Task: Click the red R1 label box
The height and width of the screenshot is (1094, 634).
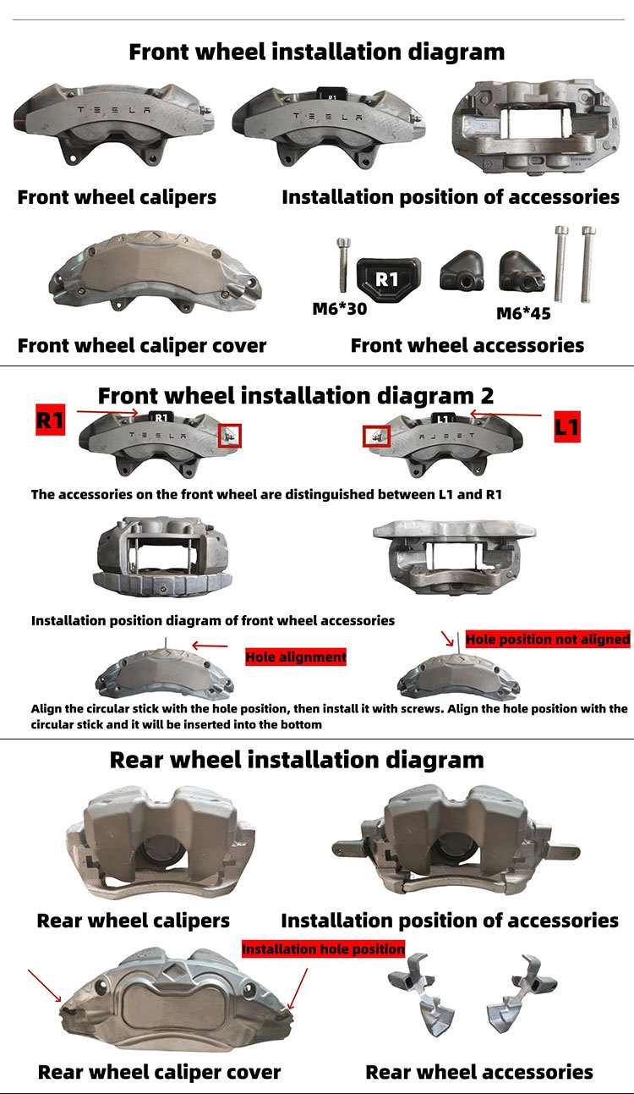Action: click(50, 420)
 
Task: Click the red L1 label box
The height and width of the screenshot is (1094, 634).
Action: click(567, 426)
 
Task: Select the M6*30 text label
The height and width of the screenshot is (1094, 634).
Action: click(340, 309)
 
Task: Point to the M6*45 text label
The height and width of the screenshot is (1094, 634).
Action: click(523, 314)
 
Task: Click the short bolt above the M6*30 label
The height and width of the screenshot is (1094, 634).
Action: click(340, 266)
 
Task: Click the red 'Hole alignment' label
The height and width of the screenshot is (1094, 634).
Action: click(296, 657)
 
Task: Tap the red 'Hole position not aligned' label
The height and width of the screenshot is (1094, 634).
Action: click(548, 640)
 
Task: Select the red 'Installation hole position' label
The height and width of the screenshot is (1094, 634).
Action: click(324, 949)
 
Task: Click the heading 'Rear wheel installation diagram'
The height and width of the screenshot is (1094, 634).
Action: click(297, 760)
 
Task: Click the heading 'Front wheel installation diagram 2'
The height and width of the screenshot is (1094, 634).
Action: click(296, 395)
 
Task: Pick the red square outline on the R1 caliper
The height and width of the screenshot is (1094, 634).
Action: click(230, 436)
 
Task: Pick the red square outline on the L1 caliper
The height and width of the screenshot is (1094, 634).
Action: click(376, 437)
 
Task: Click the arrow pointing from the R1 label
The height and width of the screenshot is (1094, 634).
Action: click(107, 412)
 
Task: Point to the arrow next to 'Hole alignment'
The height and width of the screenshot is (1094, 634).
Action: click(210, 646)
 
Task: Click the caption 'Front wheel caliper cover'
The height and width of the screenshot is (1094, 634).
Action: click(142, 345)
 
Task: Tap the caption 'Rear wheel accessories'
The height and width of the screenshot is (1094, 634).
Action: click(479, 1072)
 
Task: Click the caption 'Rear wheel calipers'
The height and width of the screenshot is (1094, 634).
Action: click(134, 921)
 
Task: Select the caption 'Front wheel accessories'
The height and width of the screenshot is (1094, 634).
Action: click(467, 345)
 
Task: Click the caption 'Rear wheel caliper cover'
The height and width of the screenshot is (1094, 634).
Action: click(160, 1072)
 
